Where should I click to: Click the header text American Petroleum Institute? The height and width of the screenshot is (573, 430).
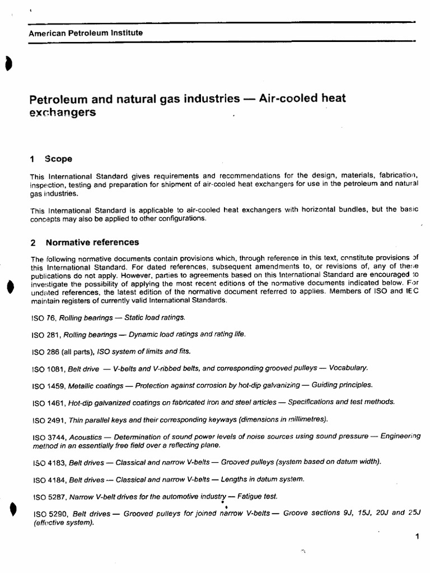86,33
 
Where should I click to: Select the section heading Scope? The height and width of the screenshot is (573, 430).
59,159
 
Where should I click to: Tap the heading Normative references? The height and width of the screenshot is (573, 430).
92,242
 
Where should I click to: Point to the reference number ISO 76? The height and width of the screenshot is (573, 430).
43,318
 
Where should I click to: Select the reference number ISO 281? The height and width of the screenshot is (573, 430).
45,335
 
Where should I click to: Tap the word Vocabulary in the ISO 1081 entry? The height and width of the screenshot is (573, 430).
348,368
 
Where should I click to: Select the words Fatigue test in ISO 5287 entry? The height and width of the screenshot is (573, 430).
257,496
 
